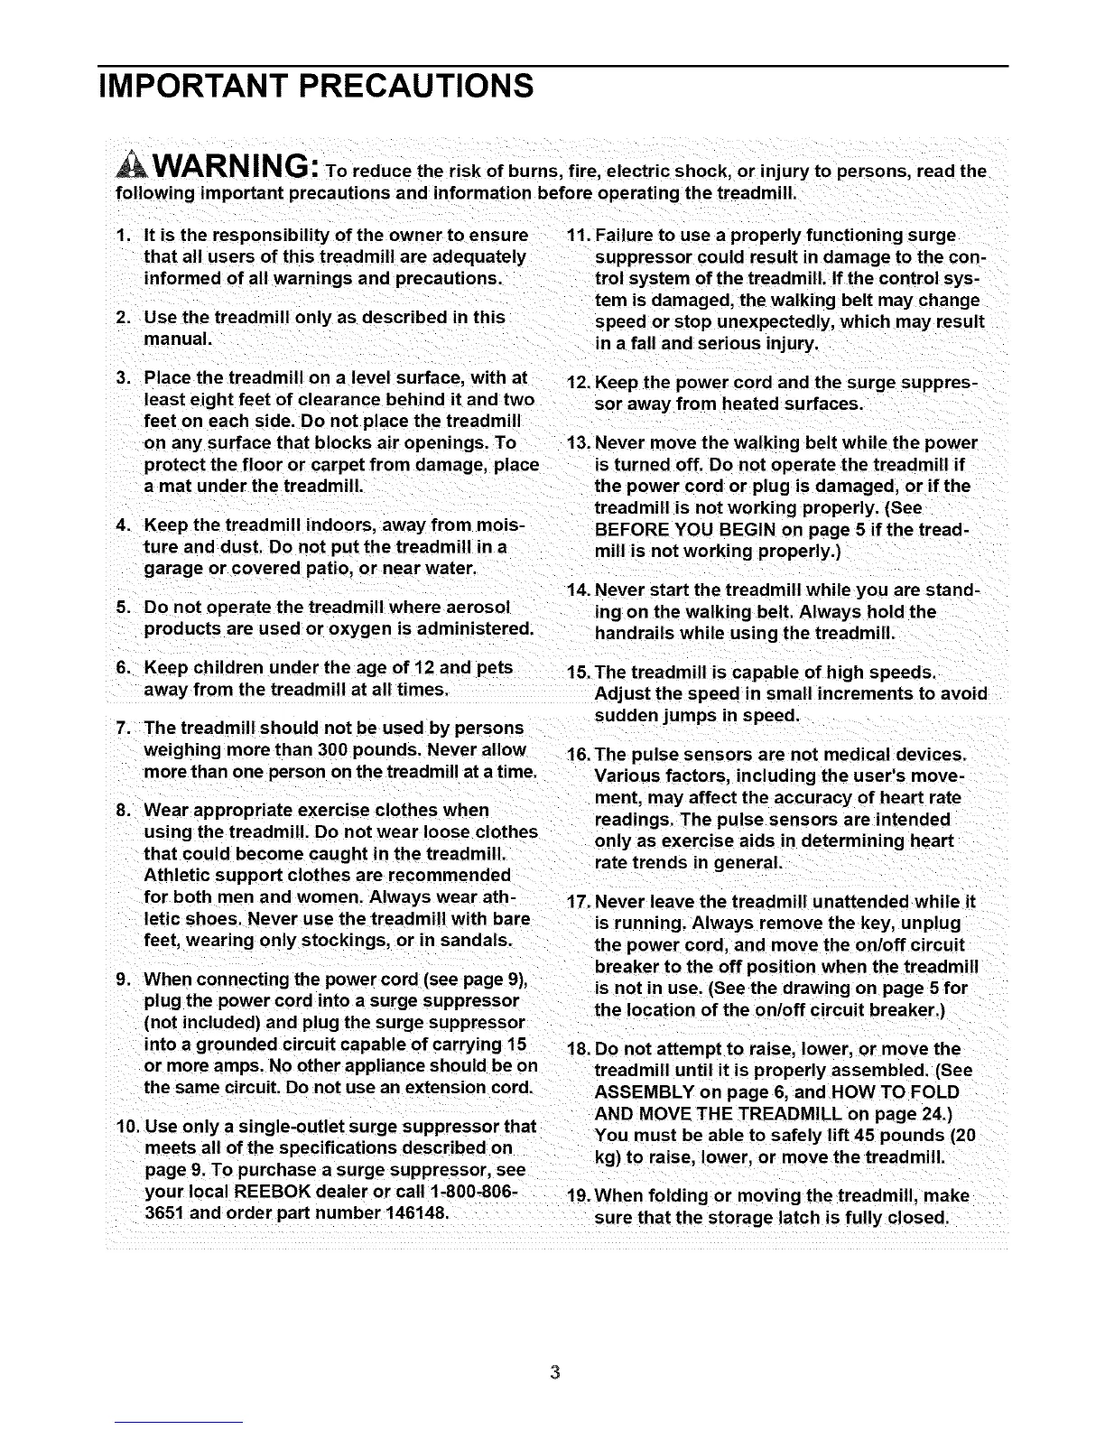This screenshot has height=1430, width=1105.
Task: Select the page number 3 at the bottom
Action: tap(555, 1373)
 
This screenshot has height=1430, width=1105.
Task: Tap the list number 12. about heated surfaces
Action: tap(578, 384)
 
